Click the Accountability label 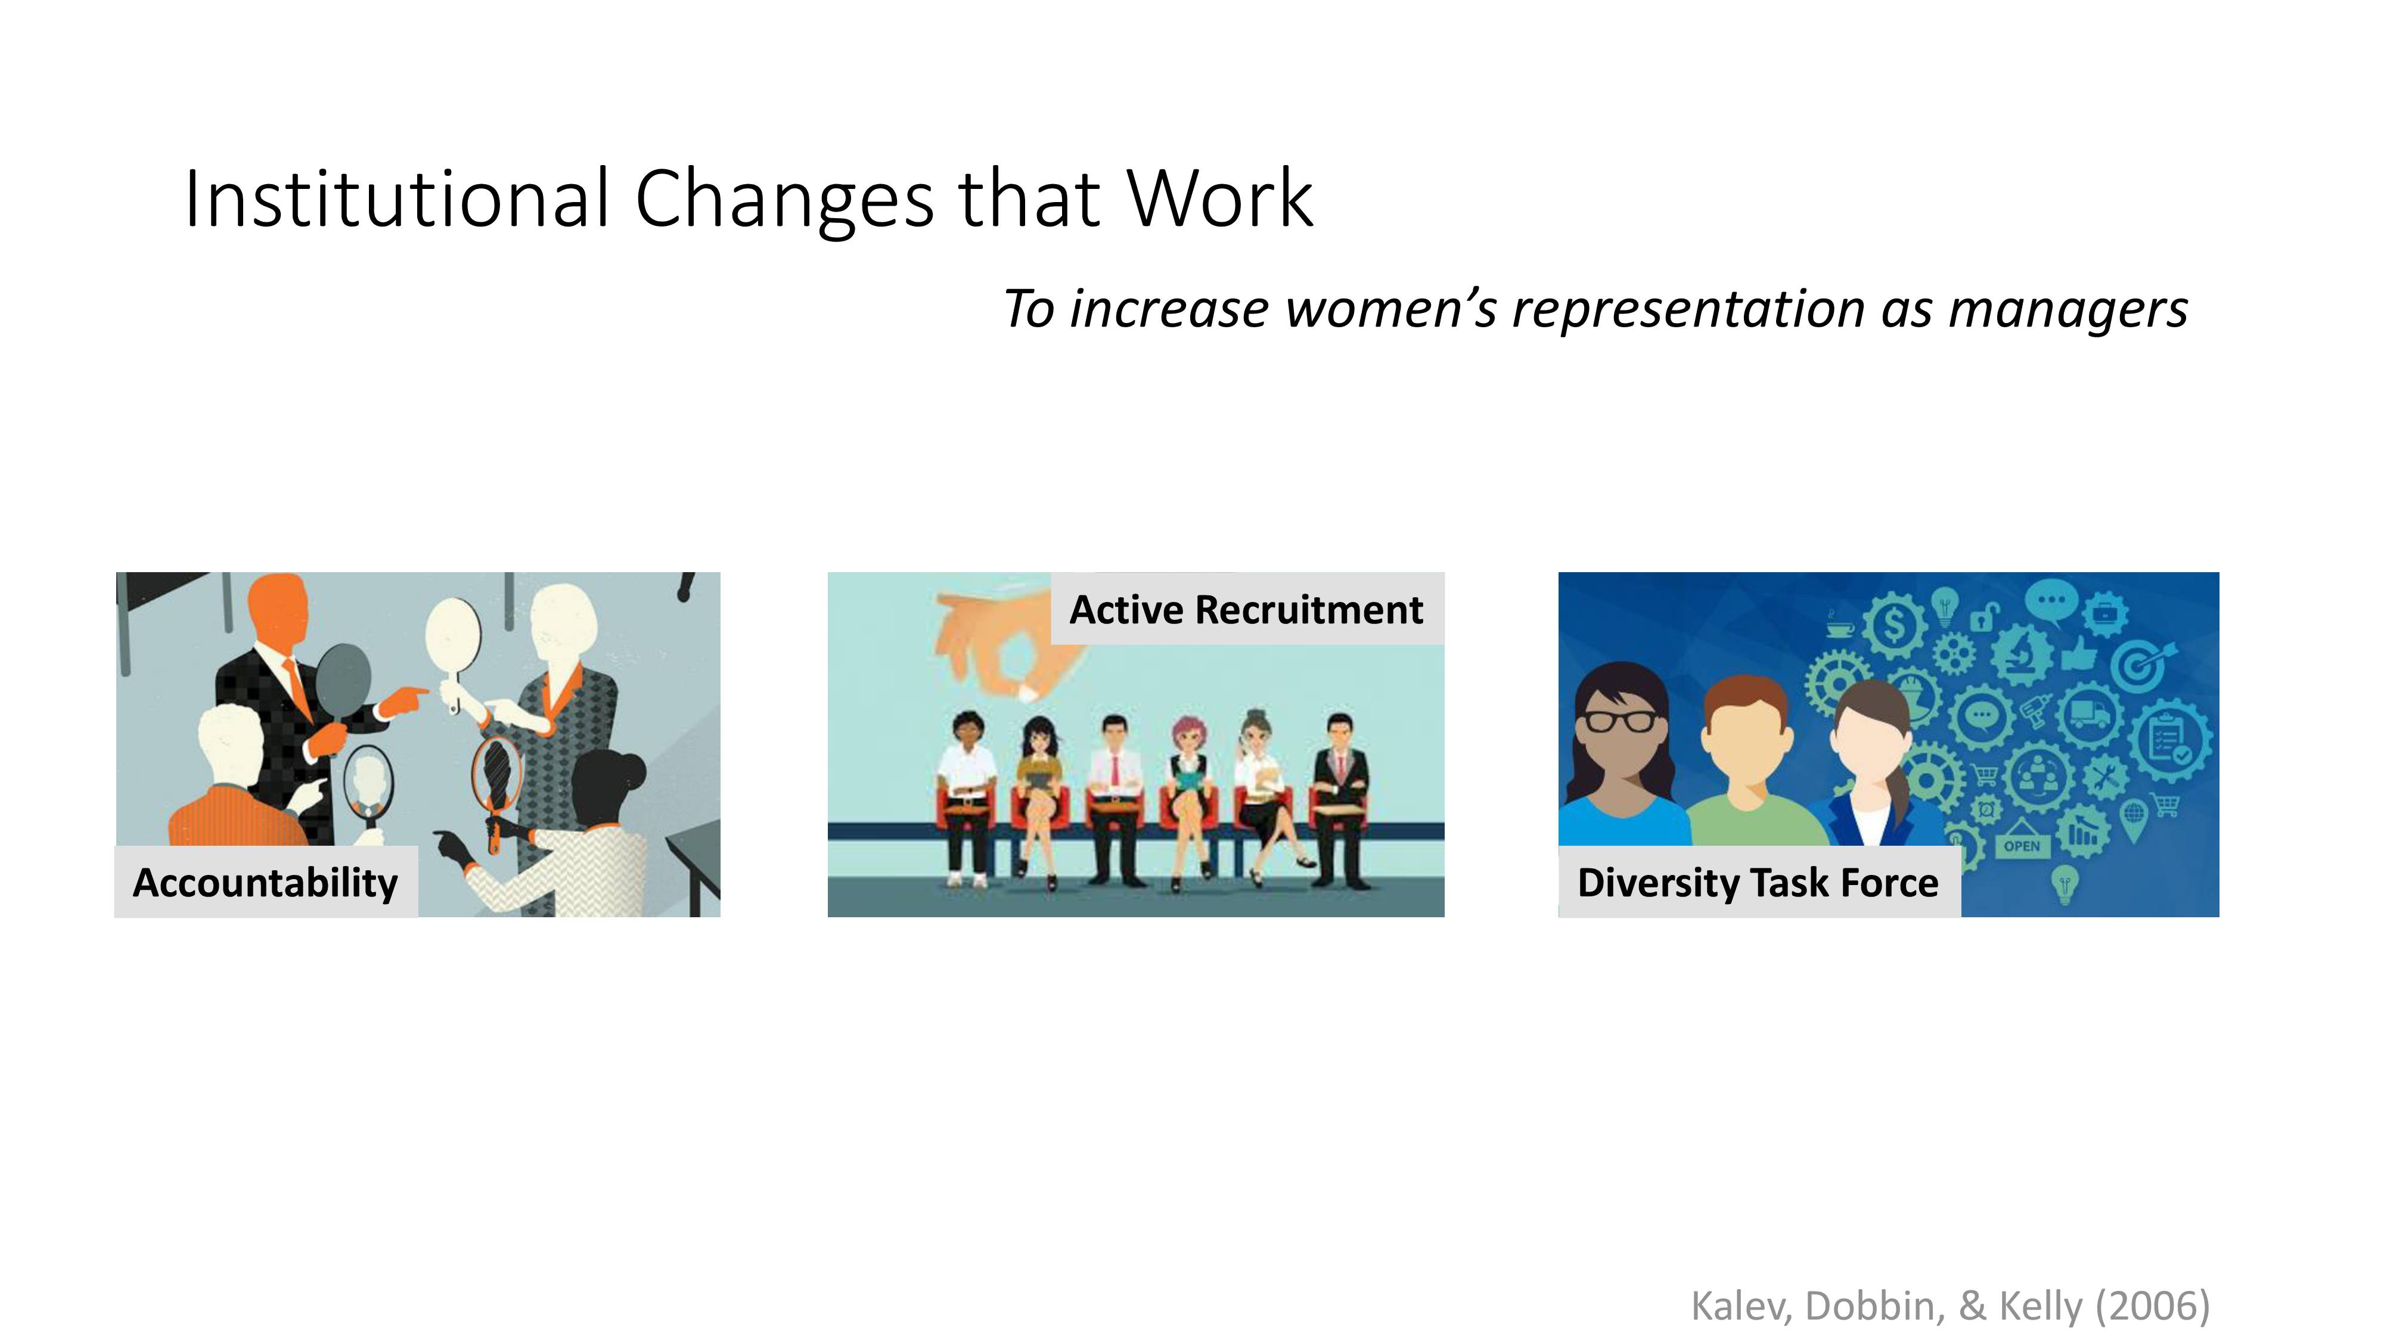click(x=266, y=882)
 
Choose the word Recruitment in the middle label click(x=1309, y=610)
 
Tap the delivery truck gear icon click(x=2089, y=713)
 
